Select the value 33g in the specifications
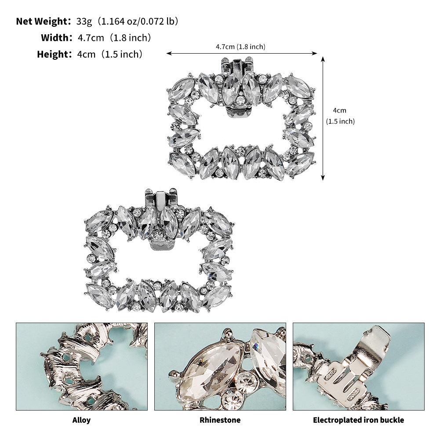(x=84, y=22)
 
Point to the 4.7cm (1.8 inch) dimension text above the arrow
(x=240, y=47)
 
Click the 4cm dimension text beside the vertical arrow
(x=339, y=110)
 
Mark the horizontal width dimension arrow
(x=242, y=53)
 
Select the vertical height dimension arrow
(x=323, y=118)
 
